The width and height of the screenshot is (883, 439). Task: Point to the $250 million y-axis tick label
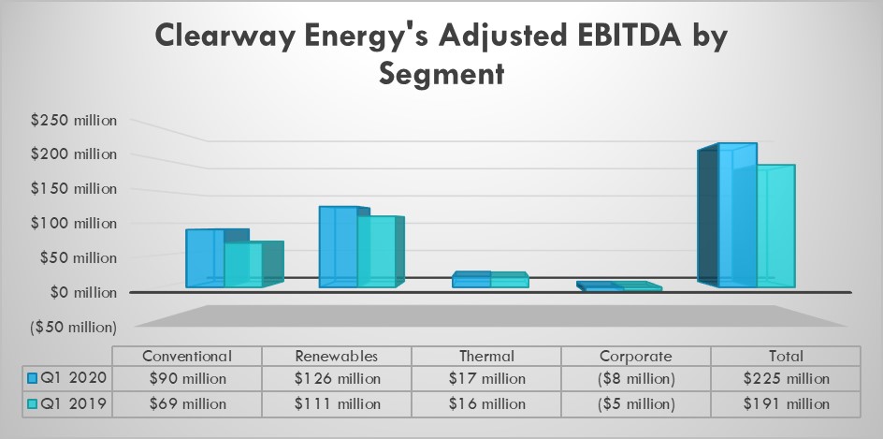tap(73, 120)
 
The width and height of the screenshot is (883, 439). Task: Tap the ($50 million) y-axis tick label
tap(73, 327)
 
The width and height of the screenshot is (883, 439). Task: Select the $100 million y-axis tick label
tap(73, 223)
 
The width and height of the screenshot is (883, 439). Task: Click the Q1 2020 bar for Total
tap(736, 215)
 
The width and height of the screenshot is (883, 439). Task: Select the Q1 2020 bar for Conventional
tap(205, 257)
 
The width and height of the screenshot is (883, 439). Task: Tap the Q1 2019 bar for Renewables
tap(376, 252)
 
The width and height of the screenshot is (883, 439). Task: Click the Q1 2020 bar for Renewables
tap(338, 246)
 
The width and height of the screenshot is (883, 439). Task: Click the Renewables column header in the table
tap(337, 356)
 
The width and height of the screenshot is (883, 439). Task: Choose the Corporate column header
tap(636, 356)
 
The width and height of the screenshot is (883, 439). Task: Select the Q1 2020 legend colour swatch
tap(33, 379)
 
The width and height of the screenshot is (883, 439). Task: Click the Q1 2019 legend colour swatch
tap(33, 403)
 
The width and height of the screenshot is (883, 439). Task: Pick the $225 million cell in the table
tap(786, 379)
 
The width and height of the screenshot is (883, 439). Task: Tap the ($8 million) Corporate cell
tap(636, 379)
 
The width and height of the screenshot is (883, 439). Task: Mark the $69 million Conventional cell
tap(187, 403)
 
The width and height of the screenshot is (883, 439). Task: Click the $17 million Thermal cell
tap(486, 379)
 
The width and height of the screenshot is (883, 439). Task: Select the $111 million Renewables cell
tap(337, 403)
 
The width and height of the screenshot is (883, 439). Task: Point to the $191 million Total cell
tap(786, 403)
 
